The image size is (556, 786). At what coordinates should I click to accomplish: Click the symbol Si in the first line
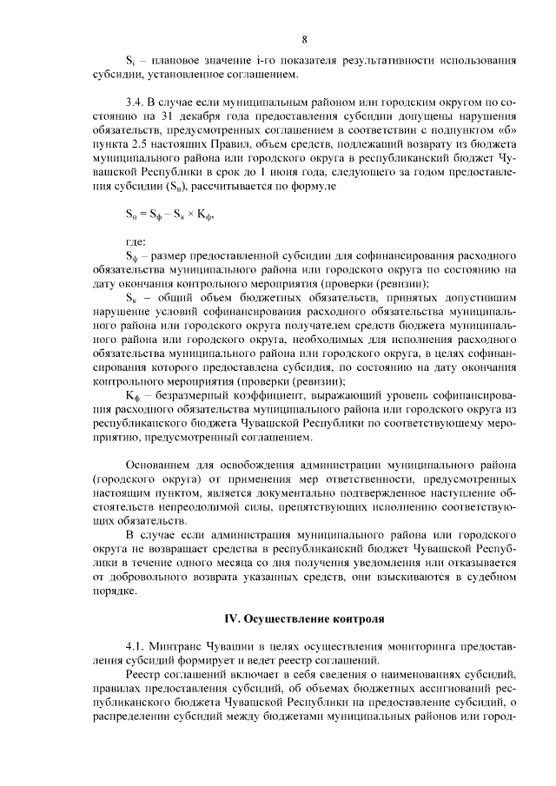click(130, 62)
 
